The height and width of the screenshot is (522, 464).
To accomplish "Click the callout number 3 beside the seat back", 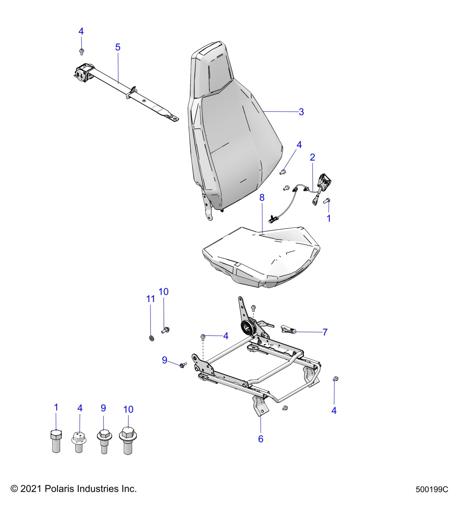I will pyautogui.click(x=301, y=112).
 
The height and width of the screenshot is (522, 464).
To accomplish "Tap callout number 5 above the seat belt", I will pyautogui.click(x=118, y=47).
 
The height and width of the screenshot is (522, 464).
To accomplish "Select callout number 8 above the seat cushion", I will pyautogui.click(x=262, y=197).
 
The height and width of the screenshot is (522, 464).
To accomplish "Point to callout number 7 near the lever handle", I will pyautogui.click(x=325, y=332).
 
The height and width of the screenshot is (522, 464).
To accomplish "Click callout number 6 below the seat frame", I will pyautogui.click(x=261, y=439).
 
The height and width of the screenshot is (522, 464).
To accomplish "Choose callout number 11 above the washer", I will pyautogui.click(x=151, y=299).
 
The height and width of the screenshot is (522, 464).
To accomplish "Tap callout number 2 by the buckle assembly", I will pyautogui.click(x=313, y=157).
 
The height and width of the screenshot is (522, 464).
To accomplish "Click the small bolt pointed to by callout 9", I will pyautogui.click(x=183, y=365).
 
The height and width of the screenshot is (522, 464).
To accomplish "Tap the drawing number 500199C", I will pyautogui.click(x=432, y=490).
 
